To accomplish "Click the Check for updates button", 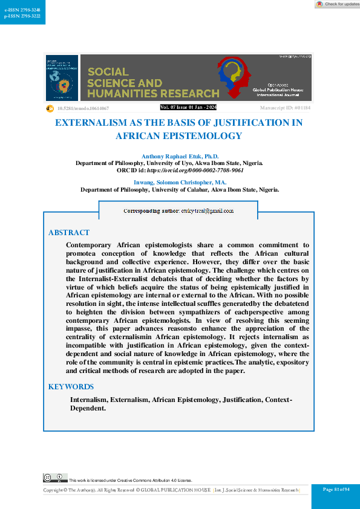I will tap(337, 4).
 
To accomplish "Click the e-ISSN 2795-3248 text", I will tap(18, 10).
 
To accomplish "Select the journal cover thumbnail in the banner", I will tap(62, 78).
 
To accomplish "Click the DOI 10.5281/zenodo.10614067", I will tap(82, 108).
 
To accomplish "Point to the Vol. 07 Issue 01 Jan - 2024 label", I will tap(188, 107).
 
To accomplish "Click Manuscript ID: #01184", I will tap(285, 108).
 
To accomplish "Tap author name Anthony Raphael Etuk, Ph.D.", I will tap(180, 157).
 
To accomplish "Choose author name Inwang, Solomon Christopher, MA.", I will tap(180, 183).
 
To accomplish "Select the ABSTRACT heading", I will tap(69, 233).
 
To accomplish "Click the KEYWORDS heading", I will tap(71, 387).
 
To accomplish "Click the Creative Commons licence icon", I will tap(54, 478).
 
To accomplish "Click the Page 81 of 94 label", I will tap(336, 489).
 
